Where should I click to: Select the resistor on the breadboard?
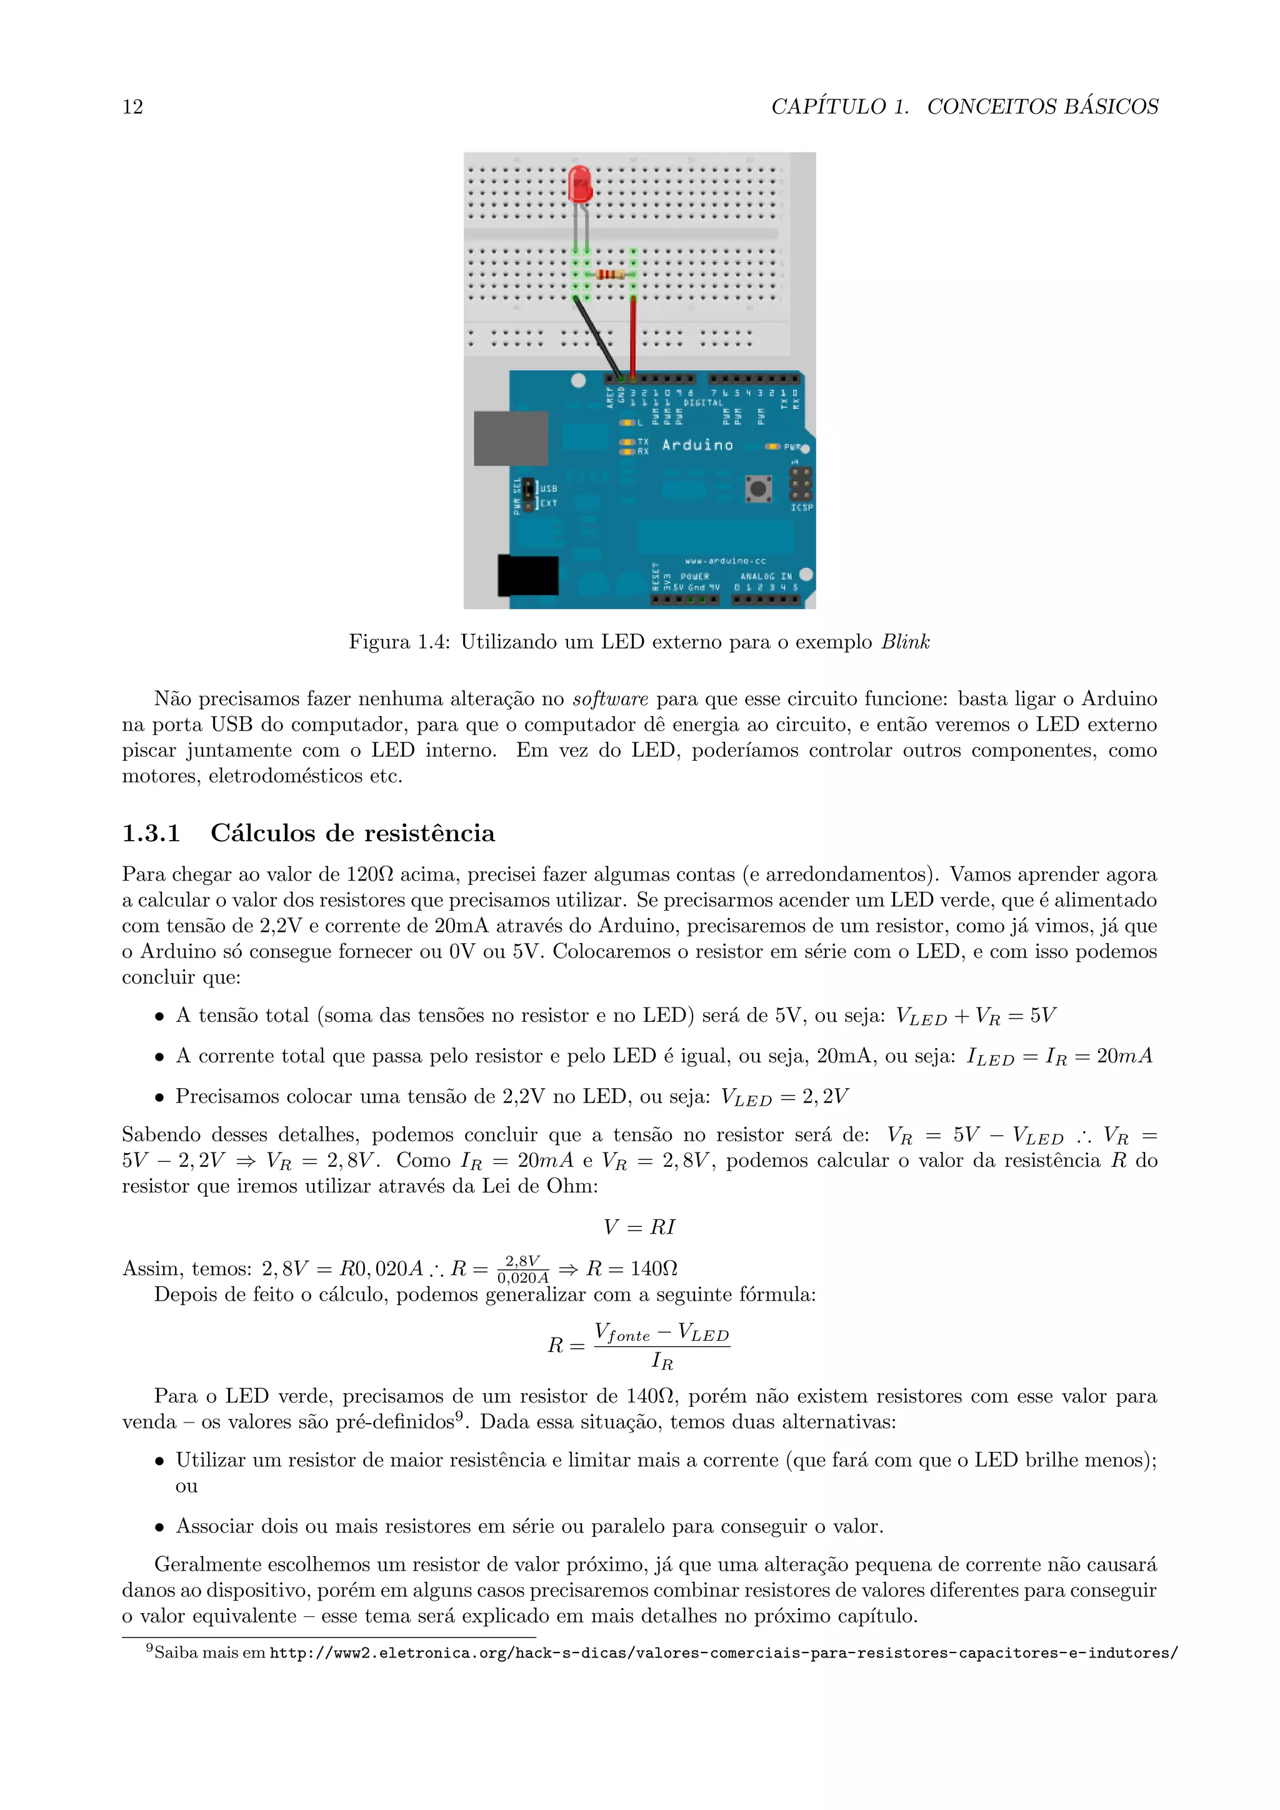[x=610, y=274]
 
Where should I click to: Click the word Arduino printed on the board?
[x=697, y=446]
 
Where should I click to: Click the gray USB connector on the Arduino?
[x=510, y=438]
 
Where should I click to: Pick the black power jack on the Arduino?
[x=528, y=576]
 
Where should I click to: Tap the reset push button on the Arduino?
[x=758, y=489]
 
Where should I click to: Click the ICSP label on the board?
[x=802, y=507]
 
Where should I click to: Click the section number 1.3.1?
[x=151, y=833]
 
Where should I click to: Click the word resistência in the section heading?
[x=429, y=833]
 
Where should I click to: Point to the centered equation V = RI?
[x=639, y=1227]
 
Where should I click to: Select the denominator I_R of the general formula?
[x=661, y=1361]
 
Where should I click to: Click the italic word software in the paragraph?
[x=610, y=699]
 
